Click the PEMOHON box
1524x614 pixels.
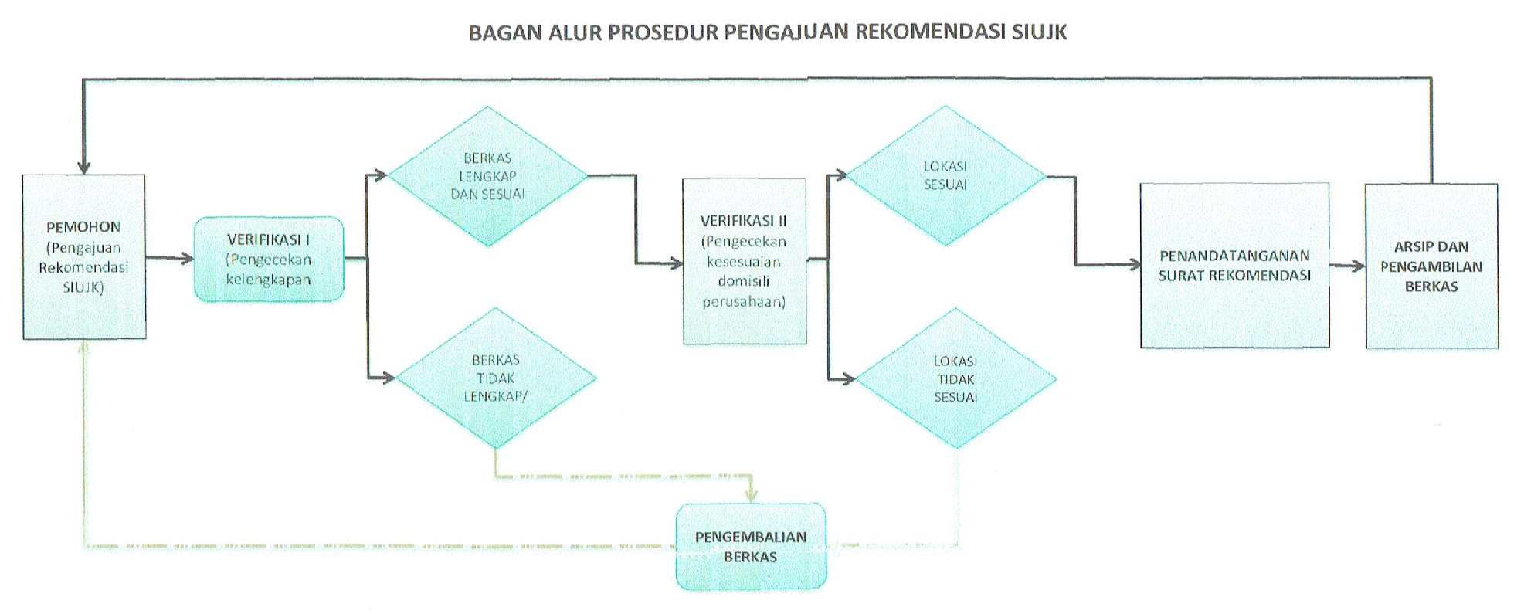coord(84,256)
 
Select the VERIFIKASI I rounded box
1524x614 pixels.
coord(269,259)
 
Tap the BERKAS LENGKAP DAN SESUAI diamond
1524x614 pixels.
coord(487,176)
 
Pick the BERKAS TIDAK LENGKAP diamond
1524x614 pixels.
coord(495,378)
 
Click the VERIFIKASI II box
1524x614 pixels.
coord(744,261)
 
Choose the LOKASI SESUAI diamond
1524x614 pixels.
coord(945,175)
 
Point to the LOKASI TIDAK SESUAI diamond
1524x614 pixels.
coord(955,378)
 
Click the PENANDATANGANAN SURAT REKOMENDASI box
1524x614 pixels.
coord(1234,265)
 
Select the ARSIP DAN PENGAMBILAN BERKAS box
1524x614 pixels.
coord(1431,266)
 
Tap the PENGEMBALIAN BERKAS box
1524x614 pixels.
coord(751,547)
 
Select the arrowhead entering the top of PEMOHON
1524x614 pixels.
coord(84,168)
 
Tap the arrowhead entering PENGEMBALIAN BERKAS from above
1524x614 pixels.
coord(751,496)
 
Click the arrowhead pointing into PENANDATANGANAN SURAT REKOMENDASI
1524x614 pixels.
coord(1134,265)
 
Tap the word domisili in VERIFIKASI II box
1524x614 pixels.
coord(744,281)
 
